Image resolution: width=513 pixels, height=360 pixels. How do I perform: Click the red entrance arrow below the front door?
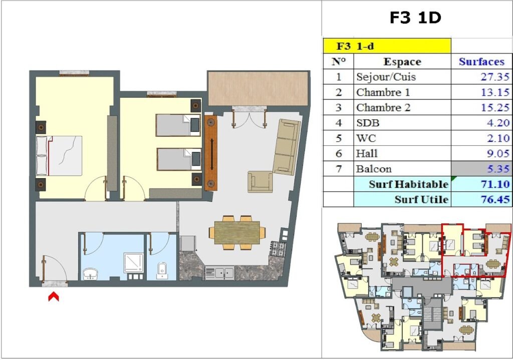pyautogui.click(x=54, y=296)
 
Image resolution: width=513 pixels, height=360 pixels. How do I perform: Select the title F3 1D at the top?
pyautogui.click(x=415, y=18)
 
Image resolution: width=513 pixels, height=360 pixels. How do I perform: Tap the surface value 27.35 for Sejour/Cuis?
pyautogui.click(x=495, y=77)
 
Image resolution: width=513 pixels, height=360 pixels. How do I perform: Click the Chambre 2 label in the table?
pyautogui.click(x=383, y=108)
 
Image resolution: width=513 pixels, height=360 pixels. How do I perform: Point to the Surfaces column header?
pyautogui.click(x=481, y=62)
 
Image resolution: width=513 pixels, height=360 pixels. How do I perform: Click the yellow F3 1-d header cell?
pyautogui.click(x=387, y=46)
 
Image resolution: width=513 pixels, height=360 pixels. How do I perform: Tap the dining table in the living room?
pyautogui.click(x=237, y=232)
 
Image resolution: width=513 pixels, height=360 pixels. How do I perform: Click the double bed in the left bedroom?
pyautogui.click(x=59, y=156)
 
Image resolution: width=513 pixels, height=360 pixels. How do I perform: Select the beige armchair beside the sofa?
pyautogui.click(x=260, y=181)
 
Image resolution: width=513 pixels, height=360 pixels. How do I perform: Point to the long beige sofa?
pyautogui.click(x=287, y=147)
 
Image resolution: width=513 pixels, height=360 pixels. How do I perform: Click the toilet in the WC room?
pyautogui.click(x=162, y=270)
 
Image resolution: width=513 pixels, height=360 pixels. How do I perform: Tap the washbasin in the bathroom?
pyautogui.click(x=90, y=274)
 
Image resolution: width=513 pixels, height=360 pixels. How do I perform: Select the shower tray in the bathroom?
pyautogui.click(x=133, y=263)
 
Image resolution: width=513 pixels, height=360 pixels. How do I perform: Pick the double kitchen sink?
pyautogui.click(x=219, y=273)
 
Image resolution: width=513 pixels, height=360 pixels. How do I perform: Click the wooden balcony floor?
pyautogui.click(x=258, y=89)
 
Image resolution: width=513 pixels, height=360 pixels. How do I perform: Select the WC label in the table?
pyautogui.click(x=366, y=138)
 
